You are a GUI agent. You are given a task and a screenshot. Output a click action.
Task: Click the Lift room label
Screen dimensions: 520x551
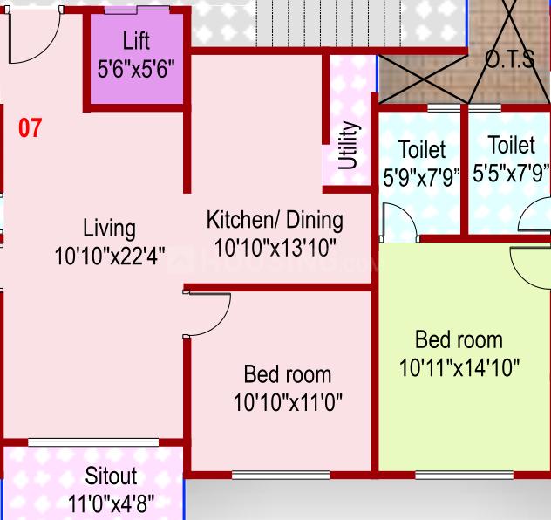coord(136,40)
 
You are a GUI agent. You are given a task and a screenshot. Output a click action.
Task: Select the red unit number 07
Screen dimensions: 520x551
coord(30,129)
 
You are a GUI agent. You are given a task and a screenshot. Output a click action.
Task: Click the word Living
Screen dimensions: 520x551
coord(109,229)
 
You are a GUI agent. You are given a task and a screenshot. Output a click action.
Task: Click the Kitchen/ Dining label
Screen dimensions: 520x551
coord(275,219)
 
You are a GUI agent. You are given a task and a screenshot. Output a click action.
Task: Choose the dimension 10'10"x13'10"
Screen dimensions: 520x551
coord(275,247)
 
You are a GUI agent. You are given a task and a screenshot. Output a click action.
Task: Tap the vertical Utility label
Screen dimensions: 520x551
coord(348,146)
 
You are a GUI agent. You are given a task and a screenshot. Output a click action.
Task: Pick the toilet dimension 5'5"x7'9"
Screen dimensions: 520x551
coord(511,173)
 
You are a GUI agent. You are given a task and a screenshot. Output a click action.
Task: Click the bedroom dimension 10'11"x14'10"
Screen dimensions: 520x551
coord(459,367)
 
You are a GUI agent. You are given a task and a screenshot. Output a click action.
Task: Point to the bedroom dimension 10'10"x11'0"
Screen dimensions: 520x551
coord(287,403)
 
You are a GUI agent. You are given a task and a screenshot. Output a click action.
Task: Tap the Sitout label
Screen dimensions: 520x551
coord(111,476)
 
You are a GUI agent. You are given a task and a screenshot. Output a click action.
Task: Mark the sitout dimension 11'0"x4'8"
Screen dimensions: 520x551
coord(111,503)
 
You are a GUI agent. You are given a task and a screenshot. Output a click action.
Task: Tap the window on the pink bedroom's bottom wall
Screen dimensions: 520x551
coord(281,475)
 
